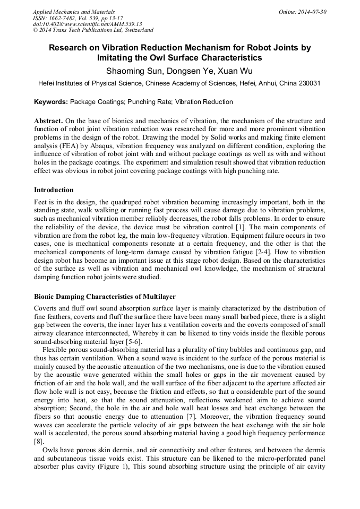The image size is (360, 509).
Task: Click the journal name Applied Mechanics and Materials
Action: [x=74, y=12]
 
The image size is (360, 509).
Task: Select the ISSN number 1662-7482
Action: [x=67, y=18]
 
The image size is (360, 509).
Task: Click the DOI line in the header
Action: [x=87, y=24]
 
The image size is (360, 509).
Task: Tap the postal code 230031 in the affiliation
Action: [x=307, y=83]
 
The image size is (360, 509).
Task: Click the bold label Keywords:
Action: [x=51, y=101]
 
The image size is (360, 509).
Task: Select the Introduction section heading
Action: [x=54, y=190]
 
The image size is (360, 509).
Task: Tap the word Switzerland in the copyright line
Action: [x=136, y=30]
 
